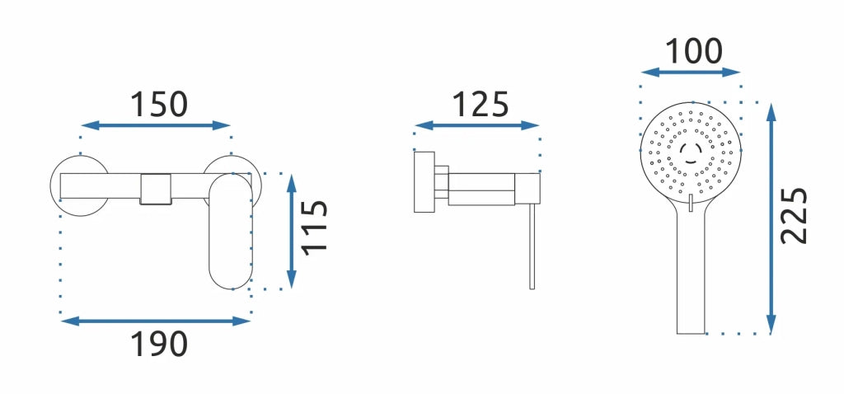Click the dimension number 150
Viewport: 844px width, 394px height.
(159, 105)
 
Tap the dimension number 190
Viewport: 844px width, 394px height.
(159, 344)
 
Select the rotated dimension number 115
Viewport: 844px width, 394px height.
(314, 227)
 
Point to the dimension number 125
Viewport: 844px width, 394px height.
(481, 105)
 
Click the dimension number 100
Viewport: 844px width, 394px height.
(694, 52)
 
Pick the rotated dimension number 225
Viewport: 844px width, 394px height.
(795, 215)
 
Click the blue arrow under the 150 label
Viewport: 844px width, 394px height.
(156, 125)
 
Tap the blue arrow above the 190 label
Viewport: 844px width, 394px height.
(156, 321)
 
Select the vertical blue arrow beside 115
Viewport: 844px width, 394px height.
(292, 232)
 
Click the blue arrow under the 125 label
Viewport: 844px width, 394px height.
(477, 125)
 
